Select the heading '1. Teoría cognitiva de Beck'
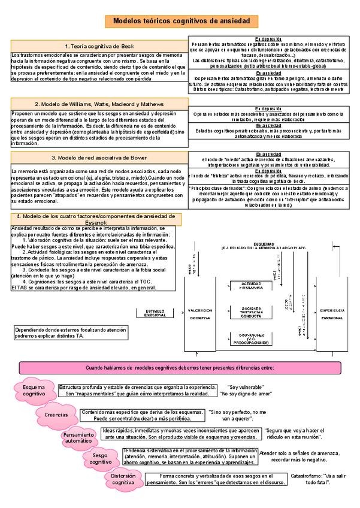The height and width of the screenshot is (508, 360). click(x=99, y=46)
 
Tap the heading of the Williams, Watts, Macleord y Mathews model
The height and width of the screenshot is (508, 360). click(x=99, y=104)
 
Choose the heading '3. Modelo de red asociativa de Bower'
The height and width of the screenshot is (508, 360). click(x=99, y=158)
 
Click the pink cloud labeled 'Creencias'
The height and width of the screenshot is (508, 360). click(x=56, y=414)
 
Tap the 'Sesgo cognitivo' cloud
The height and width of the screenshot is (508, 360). click(x=101, y=459)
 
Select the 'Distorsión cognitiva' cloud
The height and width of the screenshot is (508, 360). click(x=123, y=479)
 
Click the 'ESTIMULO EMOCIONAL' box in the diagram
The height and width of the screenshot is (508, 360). click(x=155, y=313)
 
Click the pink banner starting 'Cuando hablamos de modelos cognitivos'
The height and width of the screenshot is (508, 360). click(x=180, y=367)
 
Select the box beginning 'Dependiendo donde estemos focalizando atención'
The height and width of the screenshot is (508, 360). click(x=71, y=332)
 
